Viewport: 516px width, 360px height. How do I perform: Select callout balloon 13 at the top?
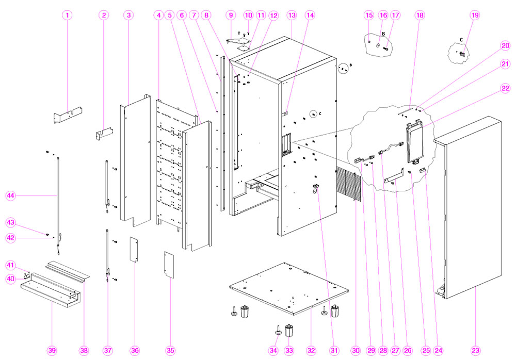(x=292, y=15)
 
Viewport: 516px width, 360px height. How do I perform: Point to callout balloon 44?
(x=11, y=195)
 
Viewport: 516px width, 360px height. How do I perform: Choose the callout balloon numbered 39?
(x=52, y=350)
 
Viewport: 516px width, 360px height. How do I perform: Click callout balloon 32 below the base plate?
(x=311, y=350)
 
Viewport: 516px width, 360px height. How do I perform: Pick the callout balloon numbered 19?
(x=474, y=15)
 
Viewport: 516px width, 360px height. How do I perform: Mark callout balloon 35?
(x=170, y=350)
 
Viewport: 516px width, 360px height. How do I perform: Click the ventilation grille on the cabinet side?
(x=349, y=184)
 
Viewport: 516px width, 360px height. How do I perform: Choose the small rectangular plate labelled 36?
(x=134, y=250)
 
